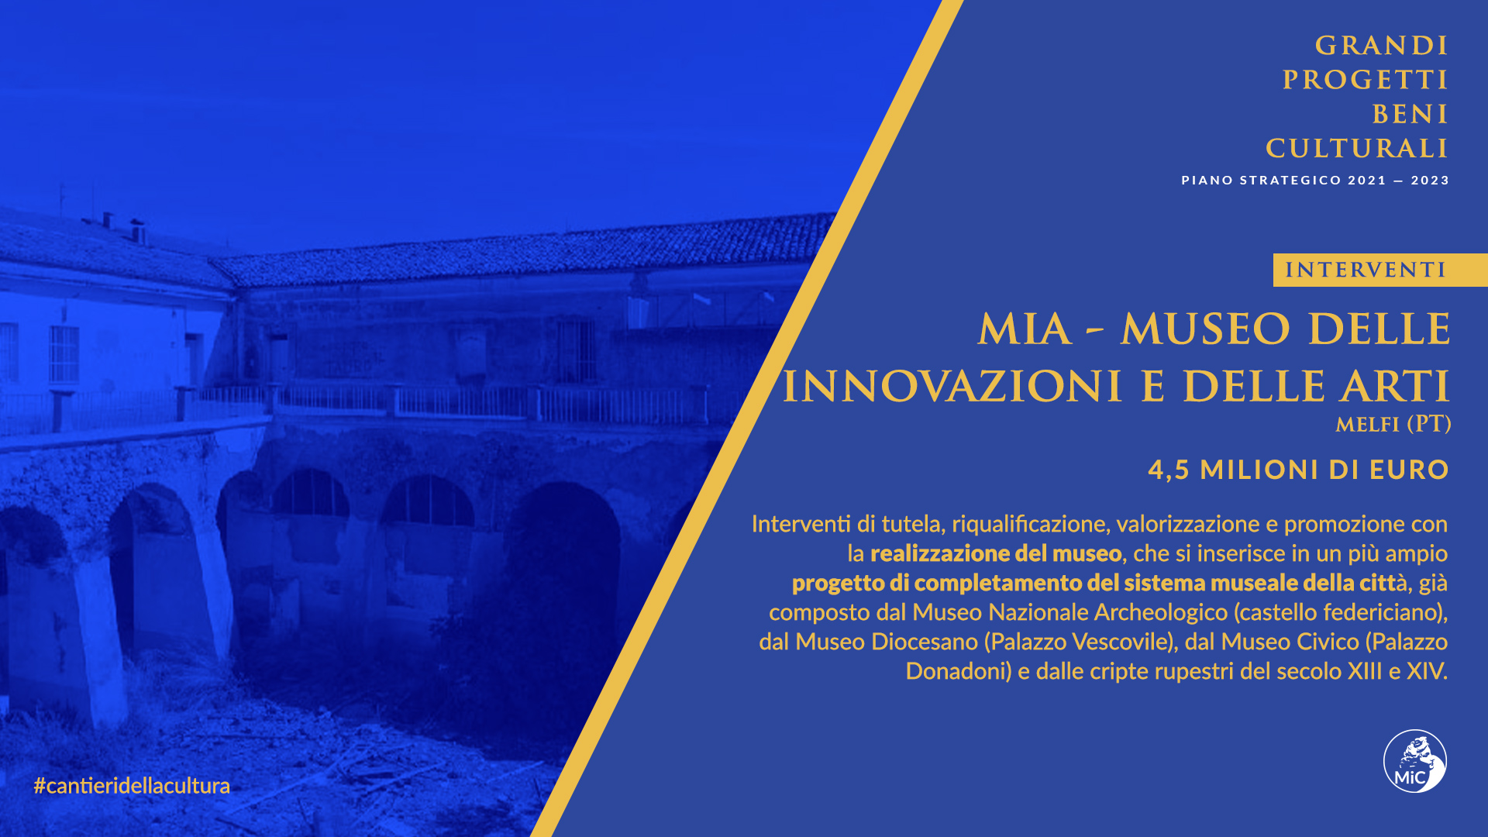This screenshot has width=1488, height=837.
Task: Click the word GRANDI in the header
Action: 1381,46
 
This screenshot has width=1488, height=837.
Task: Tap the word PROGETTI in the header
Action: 1365,80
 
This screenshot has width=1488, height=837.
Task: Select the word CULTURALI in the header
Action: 1356,148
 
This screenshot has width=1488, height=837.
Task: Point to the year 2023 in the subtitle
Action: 1430,181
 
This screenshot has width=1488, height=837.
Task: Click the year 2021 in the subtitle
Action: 1367,181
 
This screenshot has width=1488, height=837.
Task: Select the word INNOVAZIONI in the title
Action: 952,387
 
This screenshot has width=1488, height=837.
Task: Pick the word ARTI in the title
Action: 1395,387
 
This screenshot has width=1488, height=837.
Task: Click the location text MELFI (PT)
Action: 1393,425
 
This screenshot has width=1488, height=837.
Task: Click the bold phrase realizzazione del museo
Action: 996,553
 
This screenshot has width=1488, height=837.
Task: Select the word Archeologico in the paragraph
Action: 1161,612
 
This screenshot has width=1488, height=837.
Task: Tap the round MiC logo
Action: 1415,761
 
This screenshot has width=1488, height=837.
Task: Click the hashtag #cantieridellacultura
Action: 132,786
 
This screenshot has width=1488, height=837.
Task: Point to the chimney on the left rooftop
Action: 138,230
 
